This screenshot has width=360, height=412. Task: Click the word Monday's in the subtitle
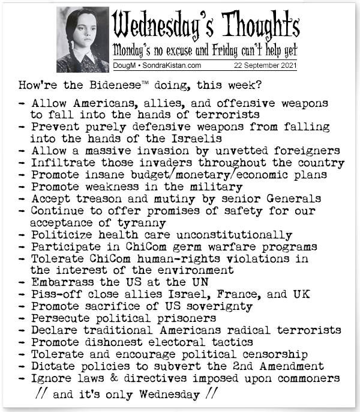point(139,49)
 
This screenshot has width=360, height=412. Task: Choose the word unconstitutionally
point(241,234)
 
